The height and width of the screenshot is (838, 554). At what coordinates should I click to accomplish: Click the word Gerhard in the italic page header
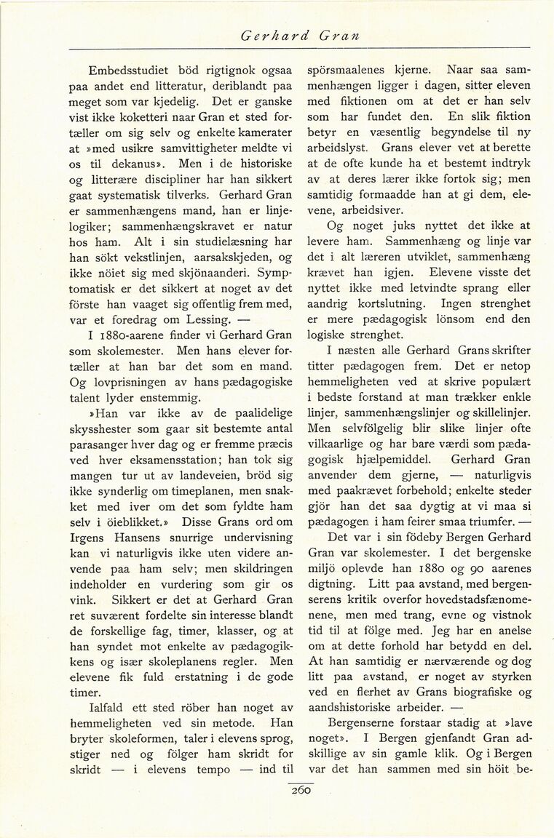[269, 34]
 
